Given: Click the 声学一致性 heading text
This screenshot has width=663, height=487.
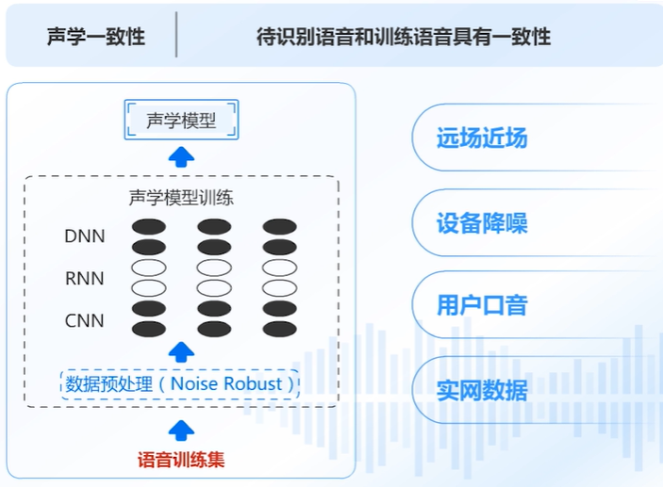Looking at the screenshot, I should click(x=96, y=37).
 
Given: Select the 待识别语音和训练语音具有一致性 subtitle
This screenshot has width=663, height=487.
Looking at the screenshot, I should click(x=404, y=37).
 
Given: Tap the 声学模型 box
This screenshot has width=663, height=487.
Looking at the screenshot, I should click(x=182, y=121).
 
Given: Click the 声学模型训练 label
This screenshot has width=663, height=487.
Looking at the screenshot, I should click(x=181, y=198).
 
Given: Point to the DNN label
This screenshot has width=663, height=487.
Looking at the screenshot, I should click(x=85, y=236).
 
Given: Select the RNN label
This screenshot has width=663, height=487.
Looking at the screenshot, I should click(x=85, y=279).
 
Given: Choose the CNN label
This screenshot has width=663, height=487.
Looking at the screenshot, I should click(x=85, y=321).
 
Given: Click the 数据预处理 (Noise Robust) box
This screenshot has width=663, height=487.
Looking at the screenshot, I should click(x=180, y=384).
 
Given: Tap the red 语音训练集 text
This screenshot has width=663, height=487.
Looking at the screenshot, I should click(x=181, y=461).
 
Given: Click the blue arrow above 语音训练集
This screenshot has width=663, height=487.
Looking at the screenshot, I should click(x=181, y=430).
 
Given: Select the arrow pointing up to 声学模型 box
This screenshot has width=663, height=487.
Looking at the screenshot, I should click(x=181, y=156).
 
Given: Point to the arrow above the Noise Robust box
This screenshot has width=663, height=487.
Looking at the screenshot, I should click(x=181, y=352).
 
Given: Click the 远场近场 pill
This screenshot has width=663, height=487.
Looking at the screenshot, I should click(x=482, y=138).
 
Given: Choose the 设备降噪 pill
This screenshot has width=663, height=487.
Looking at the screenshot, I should click(x=482, y=223).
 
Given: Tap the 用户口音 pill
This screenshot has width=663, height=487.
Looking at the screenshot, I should click(x=482, y=305).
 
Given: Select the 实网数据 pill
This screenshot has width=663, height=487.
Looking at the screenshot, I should click(x=482, y=389).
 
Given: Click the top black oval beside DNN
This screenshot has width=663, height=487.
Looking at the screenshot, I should click(x=148, y=227).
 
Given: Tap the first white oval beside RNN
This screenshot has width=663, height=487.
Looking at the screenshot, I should click(x=148, y=268).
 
